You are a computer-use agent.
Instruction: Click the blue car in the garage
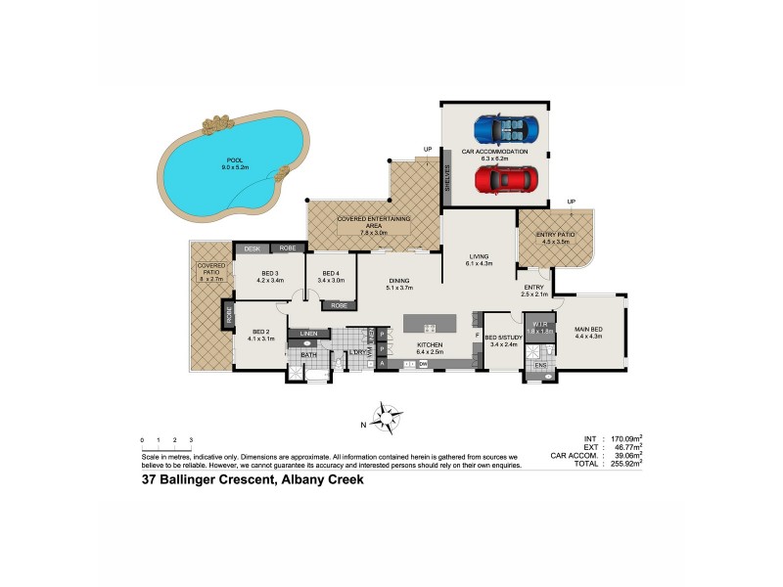[506, 129]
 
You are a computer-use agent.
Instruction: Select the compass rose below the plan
[388, 417]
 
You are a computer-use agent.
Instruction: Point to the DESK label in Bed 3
[251, 249]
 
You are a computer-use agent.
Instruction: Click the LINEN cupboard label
[309, 335]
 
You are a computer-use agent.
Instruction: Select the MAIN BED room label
[589, 330]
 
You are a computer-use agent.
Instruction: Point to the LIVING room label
[479, 257]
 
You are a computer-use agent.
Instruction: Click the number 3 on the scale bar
[191, 440]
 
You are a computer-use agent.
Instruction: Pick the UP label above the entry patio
[571, 203]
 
